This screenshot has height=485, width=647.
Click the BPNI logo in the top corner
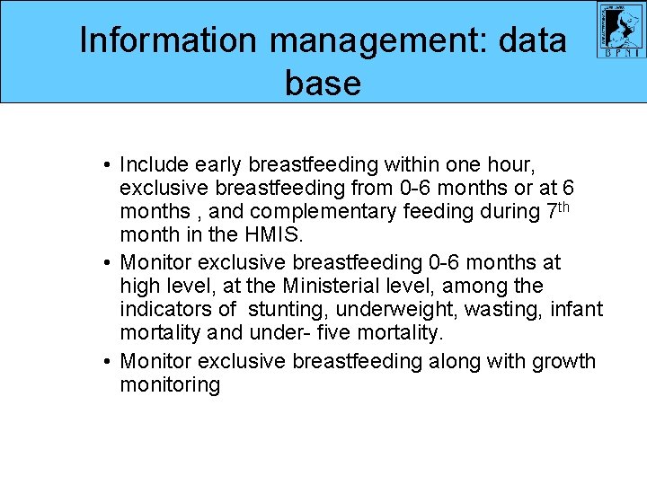621,31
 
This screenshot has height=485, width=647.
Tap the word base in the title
323,84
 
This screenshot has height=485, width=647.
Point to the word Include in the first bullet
155,164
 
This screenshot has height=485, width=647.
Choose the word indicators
167,310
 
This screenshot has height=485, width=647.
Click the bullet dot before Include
107,165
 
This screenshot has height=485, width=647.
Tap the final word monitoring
170,385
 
